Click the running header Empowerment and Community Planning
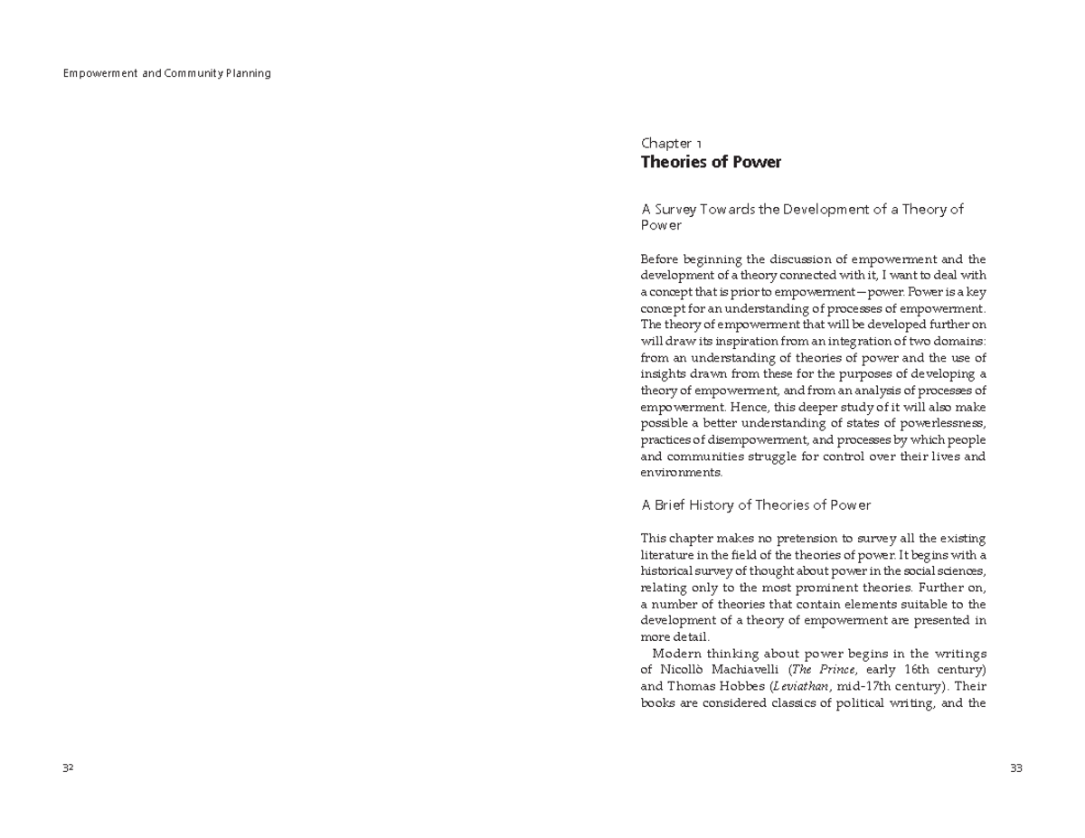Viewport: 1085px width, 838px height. [x=166, y=73]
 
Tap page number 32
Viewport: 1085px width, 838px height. [x=68, y=768]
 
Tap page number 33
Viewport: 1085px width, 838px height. [x=1015, y=768]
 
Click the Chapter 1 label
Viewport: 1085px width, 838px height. [x=671, y=143]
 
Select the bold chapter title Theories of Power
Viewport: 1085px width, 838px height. [x=711, y=163]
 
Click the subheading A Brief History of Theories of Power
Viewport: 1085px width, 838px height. [x=755, y=504]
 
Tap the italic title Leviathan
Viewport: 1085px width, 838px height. [x=802, y=686]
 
